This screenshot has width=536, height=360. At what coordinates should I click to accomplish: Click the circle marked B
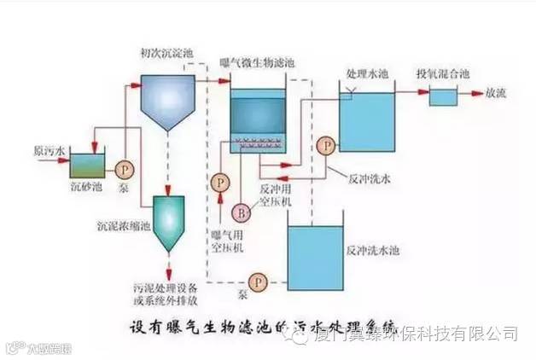coord(242,211)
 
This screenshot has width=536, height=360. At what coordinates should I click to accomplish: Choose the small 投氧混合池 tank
coord(442,96)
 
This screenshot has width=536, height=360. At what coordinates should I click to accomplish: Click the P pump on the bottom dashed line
coord(254,281)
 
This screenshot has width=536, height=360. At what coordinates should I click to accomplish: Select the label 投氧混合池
coord(443,73)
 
